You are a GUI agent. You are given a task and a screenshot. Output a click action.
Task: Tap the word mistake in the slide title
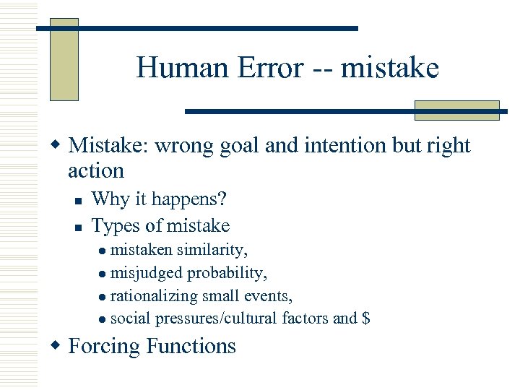pos(389,69)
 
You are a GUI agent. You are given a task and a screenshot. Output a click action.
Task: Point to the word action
pos(96,171)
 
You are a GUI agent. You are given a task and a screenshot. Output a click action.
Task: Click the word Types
pos(116,226)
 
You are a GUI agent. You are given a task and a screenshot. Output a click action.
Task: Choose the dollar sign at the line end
pos(365,318)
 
